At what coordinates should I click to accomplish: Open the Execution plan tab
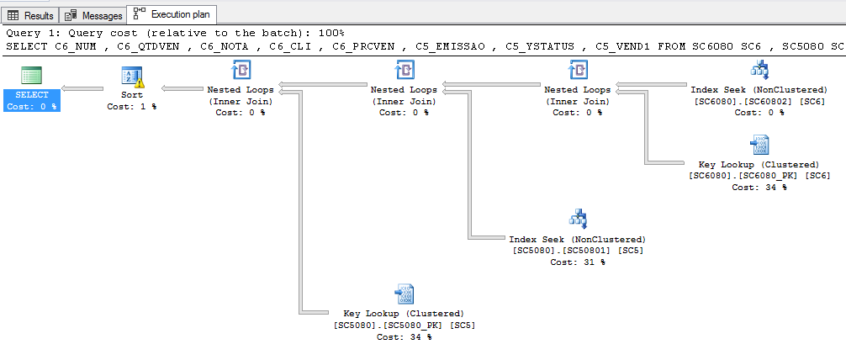click(x=173, y=14)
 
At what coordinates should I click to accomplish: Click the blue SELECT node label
click(x=32, y=95)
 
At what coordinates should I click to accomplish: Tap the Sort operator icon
click(x=132, y=77)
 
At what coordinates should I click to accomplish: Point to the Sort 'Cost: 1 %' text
click(x=132, y=107)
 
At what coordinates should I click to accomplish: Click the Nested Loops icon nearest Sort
click(x=241, y=70)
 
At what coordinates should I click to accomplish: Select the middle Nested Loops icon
click(x=404, y=70)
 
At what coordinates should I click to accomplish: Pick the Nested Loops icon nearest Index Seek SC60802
click(x=577, y=70)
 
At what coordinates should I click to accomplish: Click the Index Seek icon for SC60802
click(x=759, y=70)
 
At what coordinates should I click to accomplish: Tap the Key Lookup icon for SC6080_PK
click(x=759, y=144)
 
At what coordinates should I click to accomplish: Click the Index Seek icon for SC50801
click(x=578, y=219)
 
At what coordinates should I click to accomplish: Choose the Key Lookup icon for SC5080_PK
click(x=404, y=294)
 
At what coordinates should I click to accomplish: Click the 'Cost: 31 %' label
click(x=578, y=262)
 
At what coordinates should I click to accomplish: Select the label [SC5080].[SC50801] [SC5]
click(x=578, y=251)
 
